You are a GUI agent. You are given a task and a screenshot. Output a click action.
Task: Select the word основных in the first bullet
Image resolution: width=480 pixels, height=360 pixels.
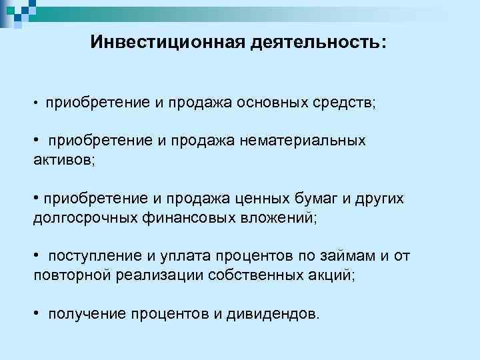coord(277,103)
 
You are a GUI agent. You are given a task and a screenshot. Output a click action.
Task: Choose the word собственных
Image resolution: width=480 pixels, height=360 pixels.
coord(249,275)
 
